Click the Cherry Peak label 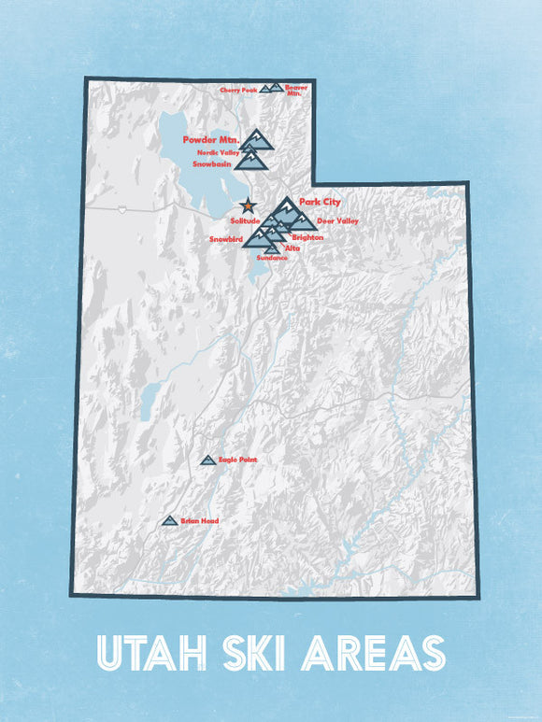[238, 91]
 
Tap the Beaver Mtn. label [295, 90]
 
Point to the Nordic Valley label [218, 151]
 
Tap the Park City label [321, 202]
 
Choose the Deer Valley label [337, 220]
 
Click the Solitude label [246, 220]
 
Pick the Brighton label [307, 237]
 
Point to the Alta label [292, 248]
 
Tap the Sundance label [271, 257]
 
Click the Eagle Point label [237, 460]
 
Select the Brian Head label [200, 520]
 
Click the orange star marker [247, 206]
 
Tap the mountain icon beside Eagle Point [208, 460]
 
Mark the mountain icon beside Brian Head [169, 520]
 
